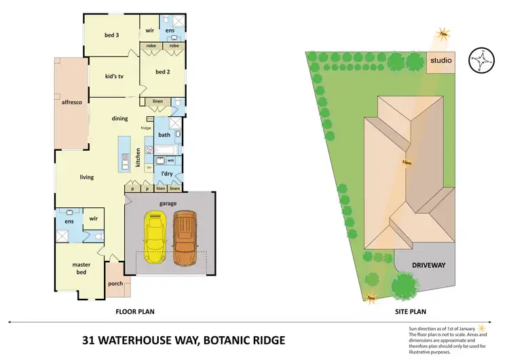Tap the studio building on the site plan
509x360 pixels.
coord(440,62)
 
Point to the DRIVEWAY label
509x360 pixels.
coord(428,265)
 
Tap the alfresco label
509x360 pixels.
coord(71,103)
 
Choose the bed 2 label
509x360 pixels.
coord(162,72)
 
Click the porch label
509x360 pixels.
coord(115,285)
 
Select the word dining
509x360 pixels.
coord(120,119)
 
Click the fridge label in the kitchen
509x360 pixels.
coord(146,128)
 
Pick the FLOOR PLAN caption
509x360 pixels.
coord(136,312)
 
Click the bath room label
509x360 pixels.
coord(164,134)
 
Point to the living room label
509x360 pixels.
coord(86,177)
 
